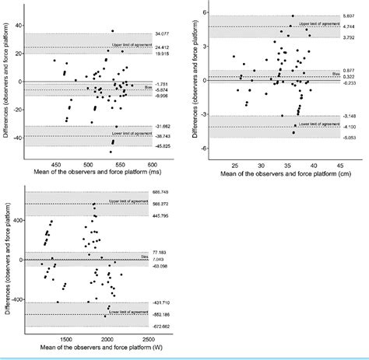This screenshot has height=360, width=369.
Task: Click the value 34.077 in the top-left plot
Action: click(x=162, y=34)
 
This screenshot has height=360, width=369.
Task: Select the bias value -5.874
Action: click(x=162, y=89)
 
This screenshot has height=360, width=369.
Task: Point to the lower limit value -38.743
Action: click(x=162, y=135)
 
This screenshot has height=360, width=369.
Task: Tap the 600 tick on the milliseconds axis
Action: click(x=153, y=165)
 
